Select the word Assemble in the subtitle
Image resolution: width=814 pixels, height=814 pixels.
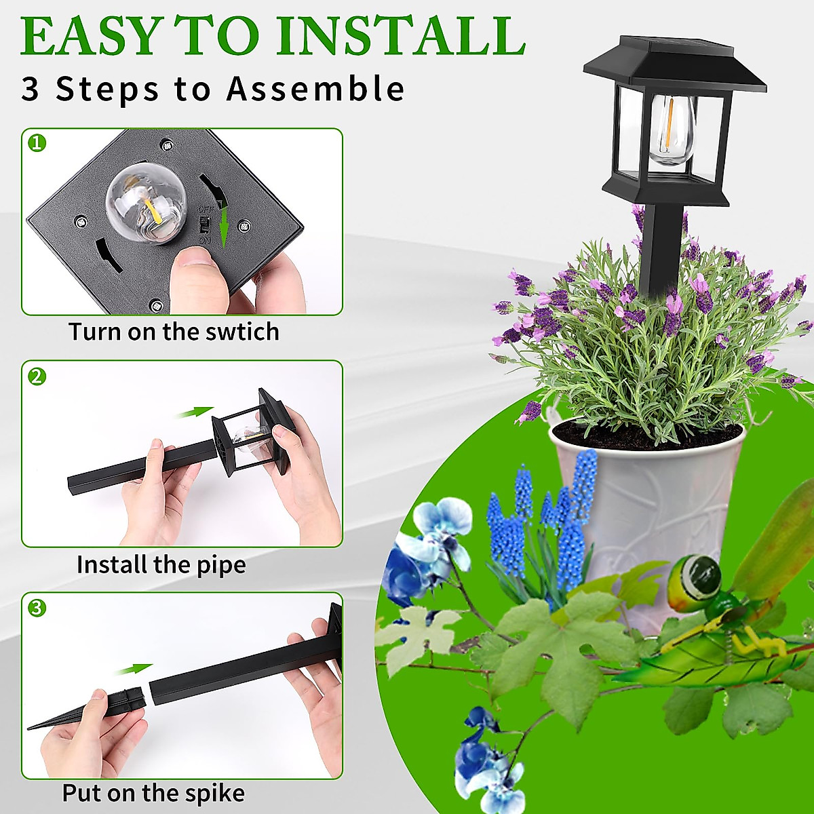(x=315, y=90)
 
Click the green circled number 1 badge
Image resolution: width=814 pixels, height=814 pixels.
(x=37, y=143)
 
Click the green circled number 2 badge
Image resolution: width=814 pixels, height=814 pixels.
(x=37, y=376)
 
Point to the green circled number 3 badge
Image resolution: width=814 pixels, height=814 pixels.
(x=37, y=608)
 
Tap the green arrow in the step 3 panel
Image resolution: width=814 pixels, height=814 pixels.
(x=133, y=670)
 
